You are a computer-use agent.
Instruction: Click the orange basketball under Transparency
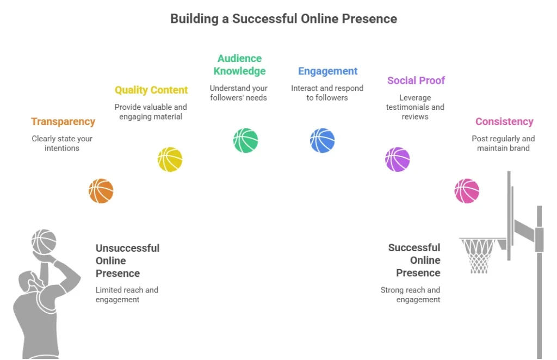click(x=101, y=191)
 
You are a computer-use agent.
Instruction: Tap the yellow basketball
click(x=170, y=159)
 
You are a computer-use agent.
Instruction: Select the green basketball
click(x=246, y=140)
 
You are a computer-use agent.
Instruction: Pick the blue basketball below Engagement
click(x=323, y=140)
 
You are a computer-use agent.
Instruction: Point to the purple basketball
click(x=398, y=159)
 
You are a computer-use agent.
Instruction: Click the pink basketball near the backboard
click(x=467, y=191)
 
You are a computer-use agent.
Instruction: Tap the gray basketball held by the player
click(x=44, y=241)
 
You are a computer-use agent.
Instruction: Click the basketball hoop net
click(x=479, y=256)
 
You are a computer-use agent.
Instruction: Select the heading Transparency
click(x=63, y=122)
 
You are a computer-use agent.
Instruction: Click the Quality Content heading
click(x=151, y=90)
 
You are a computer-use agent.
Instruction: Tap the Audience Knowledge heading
click(x=239, y=65)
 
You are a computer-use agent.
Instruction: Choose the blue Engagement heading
click(x=327, y=71)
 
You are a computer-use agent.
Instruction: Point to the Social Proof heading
click(x=416, y=80)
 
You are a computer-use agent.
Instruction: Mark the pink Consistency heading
click(x=504, y=122)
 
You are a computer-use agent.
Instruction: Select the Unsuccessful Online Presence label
click(x=127, y=260)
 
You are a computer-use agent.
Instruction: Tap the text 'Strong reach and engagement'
click(x=411, y=295)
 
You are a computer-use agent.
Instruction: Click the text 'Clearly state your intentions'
click(x=62, y=143)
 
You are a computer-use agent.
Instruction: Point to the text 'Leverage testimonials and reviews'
click(x=415, y=107)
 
